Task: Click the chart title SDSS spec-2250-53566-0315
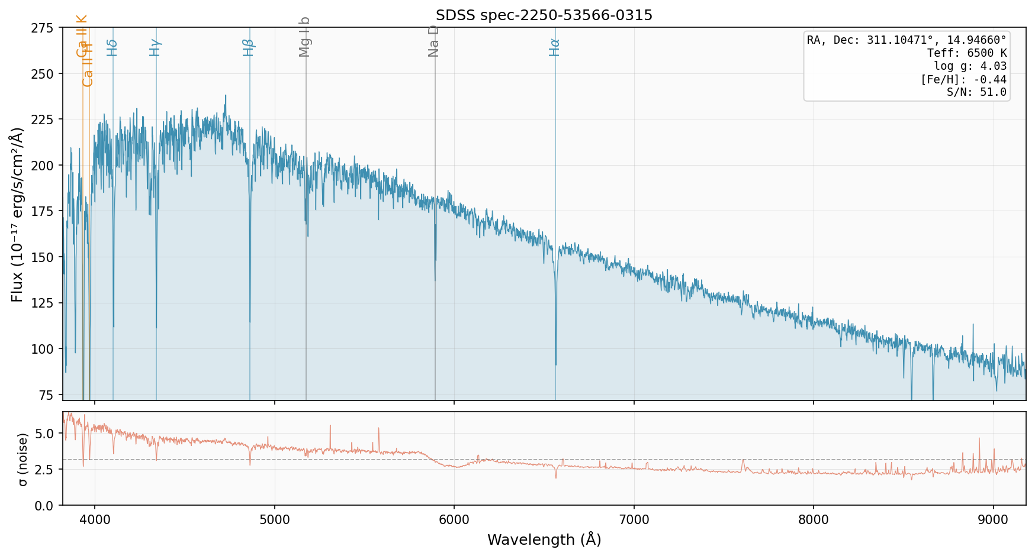point(544,15)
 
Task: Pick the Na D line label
point(434,41)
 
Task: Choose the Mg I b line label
point(305,37)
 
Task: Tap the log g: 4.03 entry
point(970,66)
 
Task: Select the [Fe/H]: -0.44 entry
point(963,79)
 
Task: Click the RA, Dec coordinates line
point(907,40)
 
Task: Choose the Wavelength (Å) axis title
point(544,539)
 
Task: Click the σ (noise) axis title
point(22,459)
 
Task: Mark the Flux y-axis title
point(18,214)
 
